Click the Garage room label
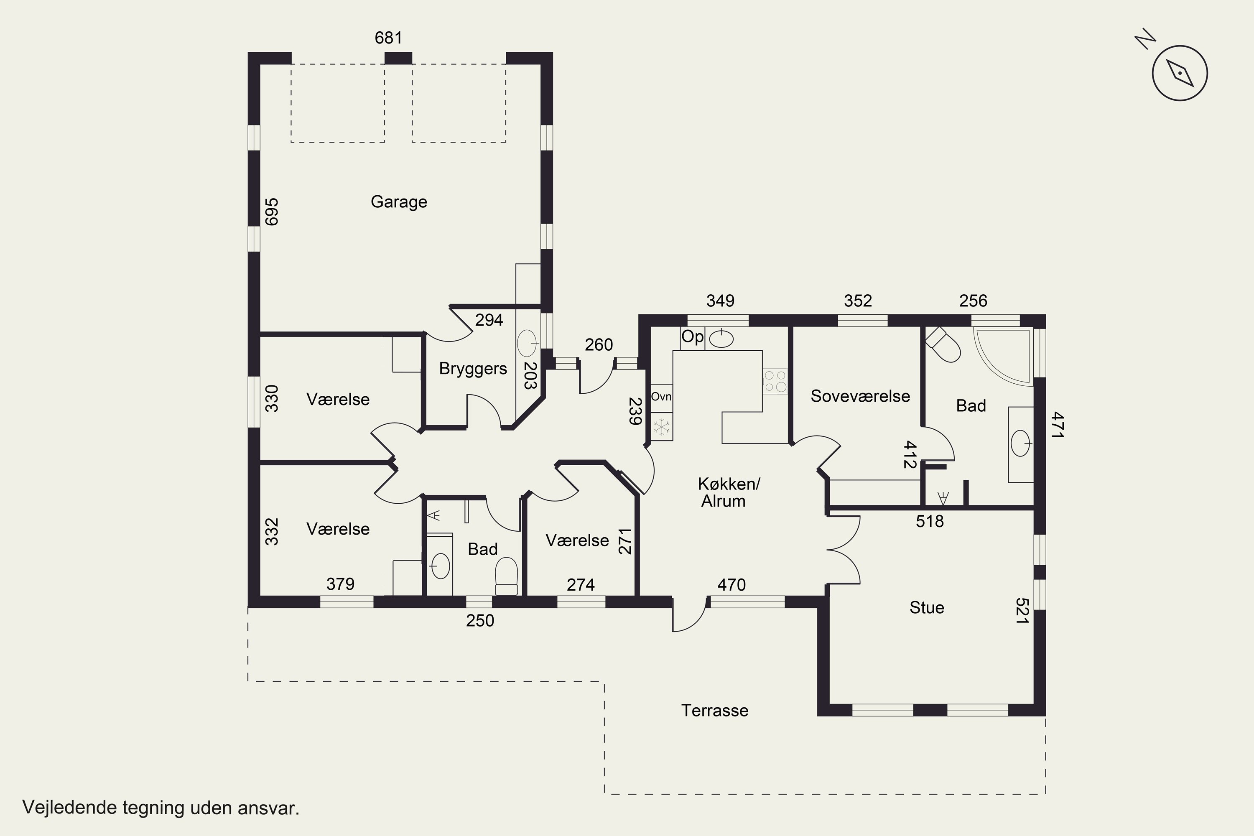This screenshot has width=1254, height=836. (x=399, y=202)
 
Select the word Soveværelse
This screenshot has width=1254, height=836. (x=860, y=396)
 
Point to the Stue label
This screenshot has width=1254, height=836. (x=927, y=608)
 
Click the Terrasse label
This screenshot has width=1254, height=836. (x=714, y=711)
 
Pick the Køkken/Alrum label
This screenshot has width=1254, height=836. (x=728, y=492)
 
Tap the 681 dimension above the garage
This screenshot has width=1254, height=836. (x=388, y=38)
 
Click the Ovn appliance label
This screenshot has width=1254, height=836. (x=661, y=397)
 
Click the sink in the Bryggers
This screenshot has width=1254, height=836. (x=527, y=343)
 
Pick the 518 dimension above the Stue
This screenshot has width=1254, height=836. (x=929, y=521)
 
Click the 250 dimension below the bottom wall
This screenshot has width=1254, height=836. (x=480, y=621)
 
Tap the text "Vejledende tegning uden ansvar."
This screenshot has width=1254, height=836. (x=161, y=808)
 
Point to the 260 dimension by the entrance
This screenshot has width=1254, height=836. (x=599, y=345)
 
